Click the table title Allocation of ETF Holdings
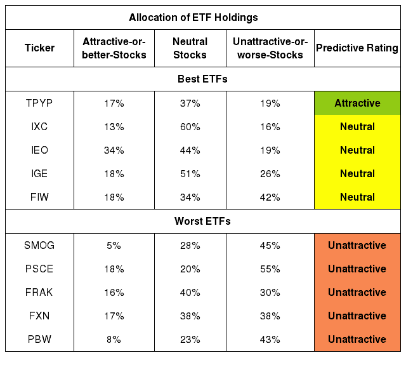click(x=193, y=17)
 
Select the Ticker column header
click(x=39, y=48)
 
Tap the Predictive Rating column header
click(x=357, y=48)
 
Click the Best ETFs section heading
click(x=202, y=79)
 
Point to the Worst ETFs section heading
click(x=202, y=221)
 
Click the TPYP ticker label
click(x=39, y=103)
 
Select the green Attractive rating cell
click(x=357, y=103)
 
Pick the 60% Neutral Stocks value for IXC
click(x=190, y=127)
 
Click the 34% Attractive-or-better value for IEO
click(x=114, y=150)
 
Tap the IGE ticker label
click(x=39, y=173)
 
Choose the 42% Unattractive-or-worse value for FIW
click(x=270, y=197)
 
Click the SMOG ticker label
click(x=39, y=245)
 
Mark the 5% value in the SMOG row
click(x=114, y=246)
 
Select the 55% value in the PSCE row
click(x=270, y=269)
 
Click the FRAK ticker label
click(x=39, y=292)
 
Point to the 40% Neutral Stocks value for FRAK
click(x=190, y=292)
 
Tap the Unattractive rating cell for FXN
click(x=357, y=316)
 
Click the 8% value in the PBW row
click(x=114, y=340)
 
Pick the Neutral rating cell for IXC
click(x=357, y=126)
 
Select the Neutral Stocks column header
click(x=190, y=48)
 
